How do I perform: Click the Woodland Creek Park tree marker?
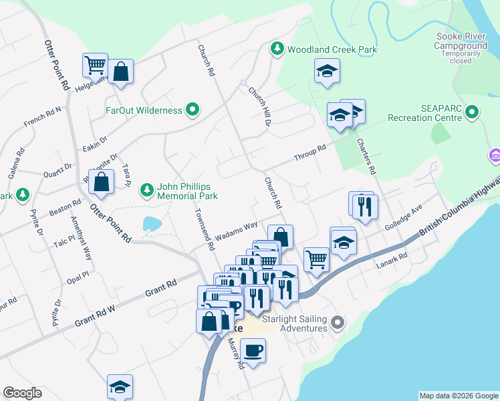click(277, 49)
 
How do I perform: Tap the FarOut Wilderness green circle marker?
click(193, 110)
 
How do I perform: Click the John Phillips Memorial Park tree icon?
click(146, 190)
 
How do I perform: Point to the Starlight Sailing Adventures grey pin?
click(338, 323)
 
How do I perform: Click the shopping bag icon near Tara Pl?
click(101, 182)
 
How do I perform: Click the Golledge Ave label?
click(404, 218)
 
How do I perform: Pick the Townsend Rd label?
click(203, 228)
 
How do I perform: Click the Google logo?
click(22, 393)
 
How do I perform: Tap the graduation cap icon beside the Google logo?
click(120, 386)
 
